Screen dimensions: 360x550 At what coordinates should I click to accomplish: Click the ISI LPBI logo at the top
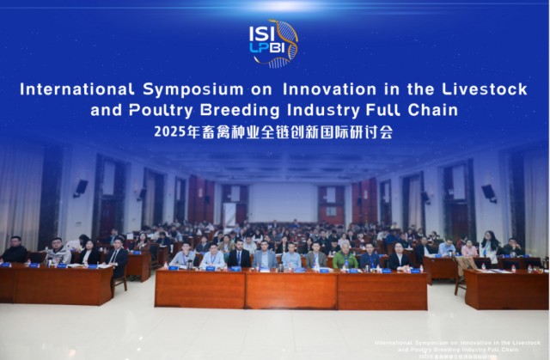pos(273,43)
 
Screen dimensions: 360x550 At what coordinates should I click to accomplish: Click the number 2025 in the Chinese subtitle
pos(169,132)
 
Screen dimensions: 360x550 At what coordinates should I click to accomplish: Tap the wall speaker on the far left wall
pos(81,186)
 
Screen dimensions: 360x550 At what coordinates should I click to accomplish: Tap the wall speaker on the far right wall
pos(487,192)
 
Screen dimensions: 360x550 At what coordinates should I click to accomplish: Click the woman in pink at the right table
pos(469,249)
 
